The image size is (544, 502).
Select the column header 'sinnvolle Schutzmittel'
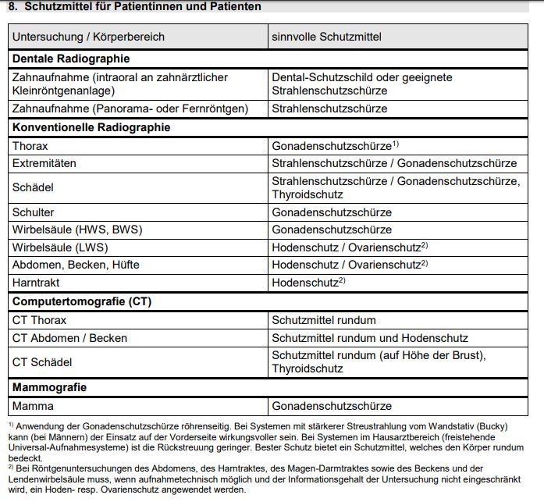coord(326,37)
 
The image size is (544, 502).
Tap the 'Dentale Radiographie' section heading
coord(70,59)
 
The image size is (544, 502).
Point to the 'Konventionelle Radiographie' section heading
coord(91,127)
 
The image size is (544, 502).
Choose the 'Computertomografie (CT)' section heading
coord(81,301)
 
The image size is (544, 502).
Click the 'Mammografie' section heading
coord(49,387)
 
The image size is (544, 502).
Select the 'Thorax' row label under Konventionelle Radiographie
coord(30,146)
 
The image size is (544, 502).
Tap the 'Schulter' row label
coord(34,212)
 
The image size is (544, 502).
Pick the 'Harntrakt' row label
coord(35,283)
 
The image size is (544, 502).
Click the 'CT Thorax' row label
coord(39,320)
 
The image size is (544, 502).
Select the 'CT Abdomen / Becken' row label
coord(69,338)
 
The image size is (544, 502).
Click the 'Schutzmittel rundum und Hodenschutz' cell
coord(369,338)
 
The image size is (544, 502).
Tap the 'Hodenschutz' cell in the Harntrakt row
coord(304,283)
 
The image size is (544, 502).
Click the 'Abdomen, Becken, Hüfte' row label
coord(76,265)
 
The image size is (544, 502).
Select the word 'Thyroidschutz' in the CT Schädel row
coord(308,368)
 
